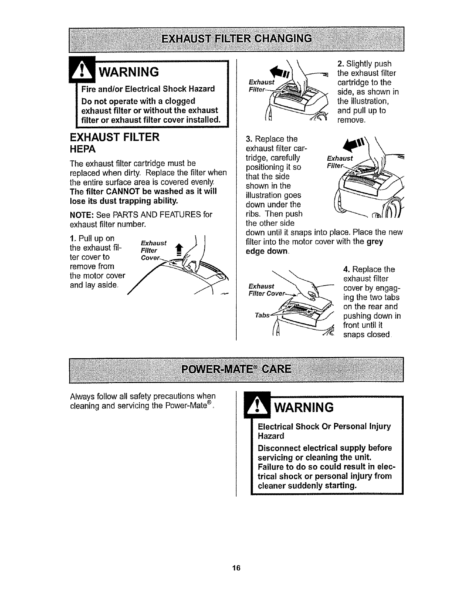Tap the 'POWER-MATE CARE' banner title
pos(237,368)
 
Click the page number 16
pos(236,568)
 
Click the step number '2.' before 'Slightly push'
pos(337,64)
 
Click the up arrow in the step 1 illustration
pos(179,247)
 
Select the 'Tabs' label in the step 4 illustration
pos(262,315)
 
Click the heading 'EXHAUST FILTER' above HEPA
pos(115,137)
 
